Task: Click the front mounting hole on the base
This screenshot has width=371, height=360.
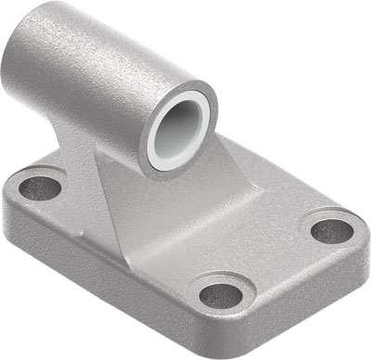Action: [x=221, y=295]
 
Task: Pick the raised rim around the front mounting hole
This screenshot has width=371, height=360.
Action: [x=221, y=278]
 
